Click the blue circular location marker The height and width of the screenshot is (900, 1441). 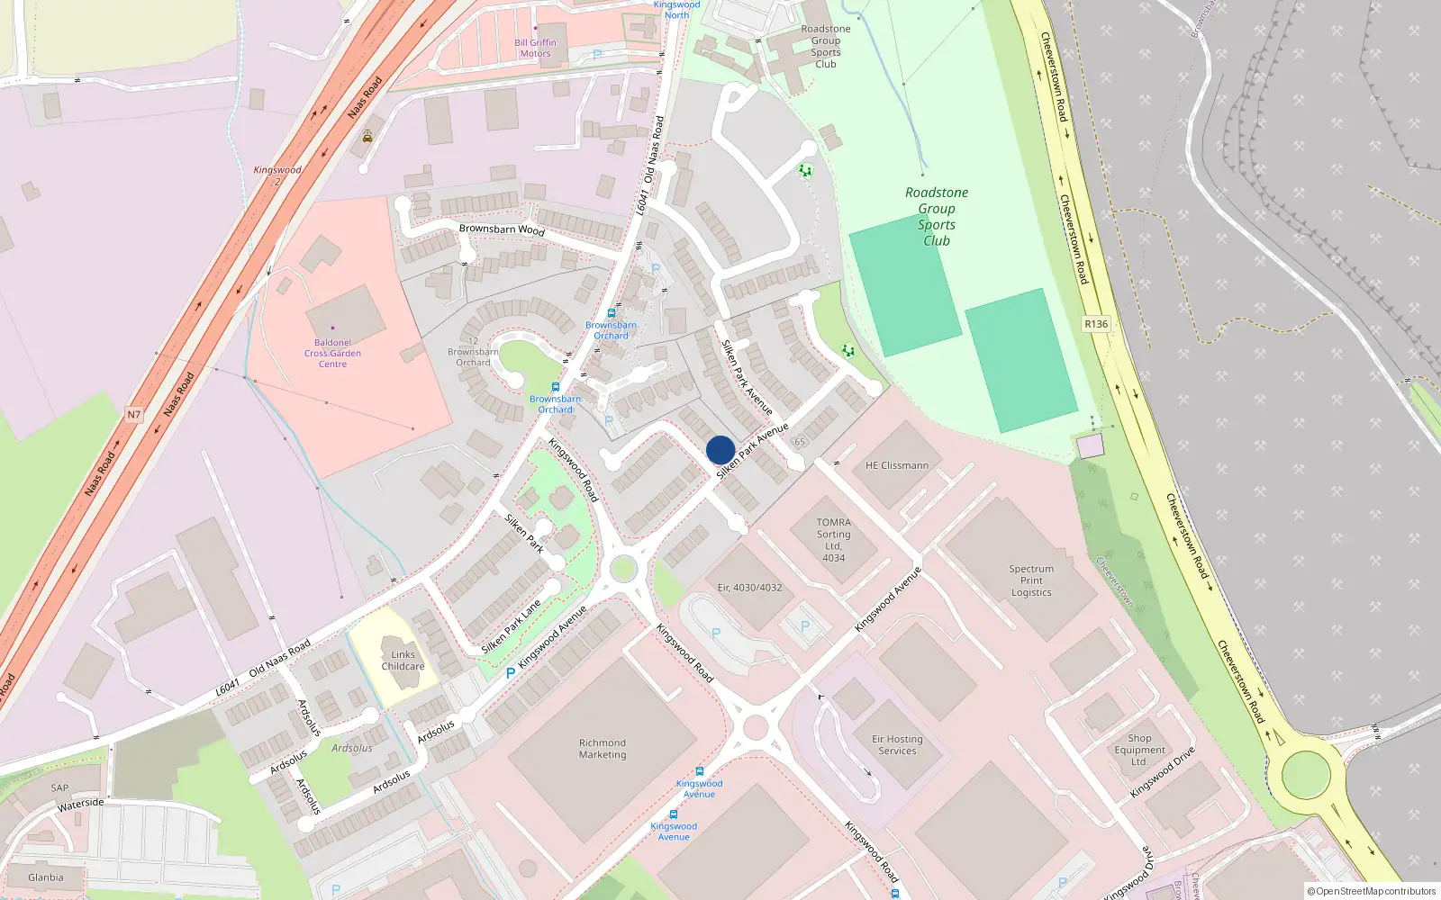[x=720, y=450]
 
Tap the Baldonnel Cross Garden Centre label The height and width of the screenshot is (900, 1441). [x=332, y=353]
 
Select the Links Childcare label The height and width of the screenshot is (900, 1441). [x=403, y=661]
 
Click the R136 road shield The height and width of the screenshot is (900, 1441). [x=1096, y=324]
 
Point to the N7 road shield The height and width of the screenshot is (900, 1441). [x=134, y=415]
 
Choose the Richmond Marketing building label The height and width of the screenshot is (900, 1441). [x=603, y=749]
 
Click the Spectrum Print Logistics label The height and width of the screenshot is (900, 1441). [x=1031, y=580]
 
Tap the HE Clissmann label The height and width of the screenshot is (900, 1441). [x=896, y=465]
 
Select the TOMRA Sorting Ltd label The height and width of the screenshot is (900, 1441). [x=833, y=539]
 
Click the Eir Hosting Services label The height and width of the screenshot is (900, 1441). [x=897, y=744]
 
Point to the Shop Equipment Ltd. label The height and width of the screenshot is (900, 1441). [x=1139, y=750]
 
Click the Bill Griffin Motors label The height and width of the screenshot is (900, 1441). [x=535, y=48]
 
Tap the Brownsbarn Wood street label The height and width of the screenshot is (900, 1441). [x=502, y=229]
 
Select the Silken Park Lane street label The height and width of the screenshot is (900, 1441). [x=511, y=627]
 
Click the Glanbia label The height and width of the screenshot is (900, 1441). [x=46, y=877]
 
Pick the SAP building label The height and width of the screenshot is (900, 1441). [x=59, y=787]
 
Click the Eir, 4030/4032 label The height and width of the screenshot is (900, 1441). [x=749, y=588]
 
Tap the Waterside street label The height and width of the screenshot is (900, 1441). [x=81, y=804]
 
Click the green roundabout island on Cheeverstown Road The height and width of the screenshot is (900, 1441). [x=1305, y=774]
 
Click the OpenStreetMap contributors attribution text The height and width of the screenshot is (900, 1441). [x=1372, y=891]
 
